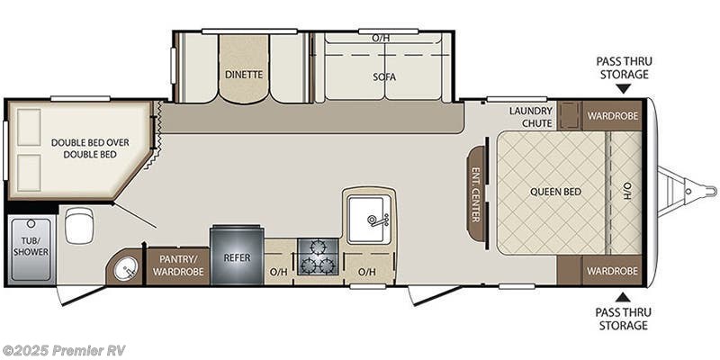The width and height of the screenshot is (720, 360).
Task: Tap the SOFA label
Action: click(385, 76)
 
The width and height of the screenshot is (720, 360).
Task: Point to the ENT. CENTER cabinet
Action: click(475, 193)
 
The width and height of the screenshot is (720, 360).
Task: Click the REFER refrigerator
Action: click(238, 257)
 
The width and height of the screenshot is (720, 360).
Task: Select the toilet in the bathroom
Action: click(78, 225)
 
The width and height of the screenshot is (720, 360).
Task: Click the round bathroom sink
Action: click(125, 267)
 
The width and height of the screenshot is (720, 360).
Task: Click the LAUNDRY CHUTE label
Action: click(530, 116)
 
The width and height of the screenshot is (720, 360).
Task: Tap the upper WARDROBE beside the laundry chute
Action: click(612, 115)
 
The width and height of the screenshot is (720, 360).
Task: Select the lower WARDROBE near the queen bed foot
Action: click(612, 270)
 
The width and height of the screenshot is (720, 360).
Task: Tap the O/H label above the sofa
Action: click(380, 38)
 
